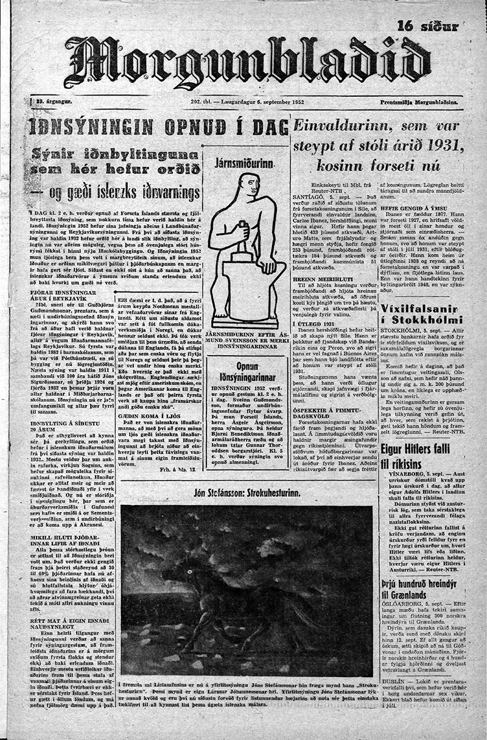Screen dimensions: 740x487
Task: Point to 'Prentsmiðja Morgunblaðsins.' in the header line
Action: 426,104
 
